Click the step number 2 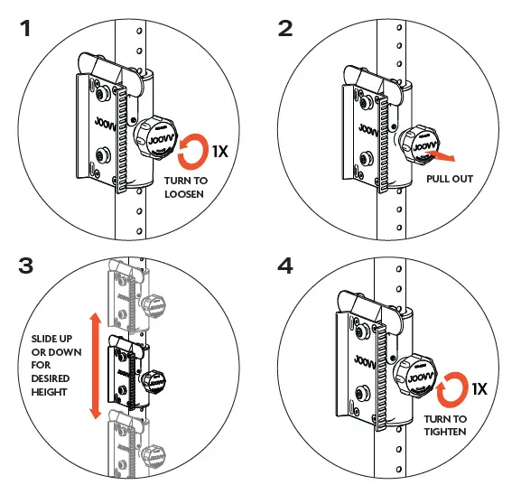pos(285,28)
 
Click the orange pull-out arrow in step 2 pos(440,155)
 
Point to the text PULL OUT pos(449,179)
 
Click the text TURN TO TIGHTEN pos(447,425)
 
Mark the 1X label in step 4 pos(479,389)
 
